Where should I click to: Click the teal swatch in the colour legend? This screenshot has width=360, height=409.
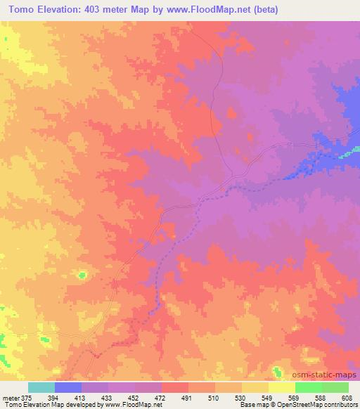click(x=41, y=387)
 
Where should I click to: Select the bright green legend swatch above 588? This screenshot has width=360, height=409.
click(x=308, y=387)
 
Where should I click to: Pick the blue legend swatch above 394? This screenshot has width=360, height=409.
click(x=68, y=387)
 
